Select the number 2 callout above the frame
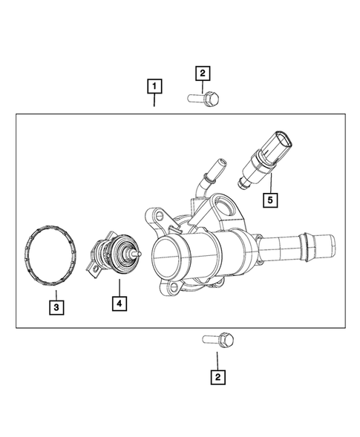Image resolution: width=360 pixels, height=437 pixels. [202, 73]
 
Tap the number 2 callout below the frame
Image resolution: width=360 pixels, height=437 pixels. [217, 378]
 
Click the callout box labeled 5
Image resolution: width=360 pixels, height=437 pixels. [272, 199]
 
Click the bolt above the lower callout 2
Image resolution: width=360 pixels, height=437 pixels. [218, 341]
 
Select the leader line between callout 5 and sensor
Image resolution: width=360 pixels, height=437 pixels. [271, 183]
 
